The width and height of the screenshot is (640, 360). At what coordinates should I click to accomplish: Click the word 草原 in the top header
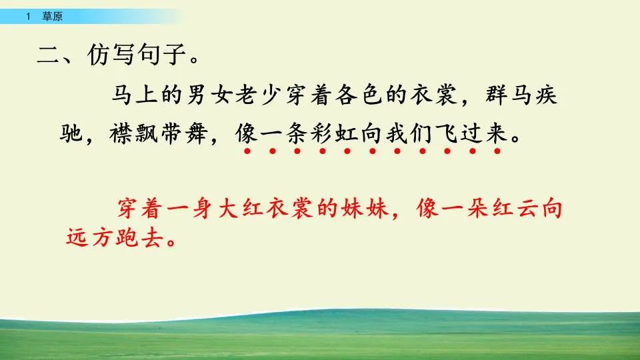[x=52, y=17]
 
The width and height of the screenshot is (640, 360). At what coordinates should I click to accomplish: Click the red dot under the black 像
[x=247, y=151]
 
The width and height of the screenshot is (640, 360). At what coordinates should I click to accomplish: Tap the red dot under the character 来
[x=497, y=151]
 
